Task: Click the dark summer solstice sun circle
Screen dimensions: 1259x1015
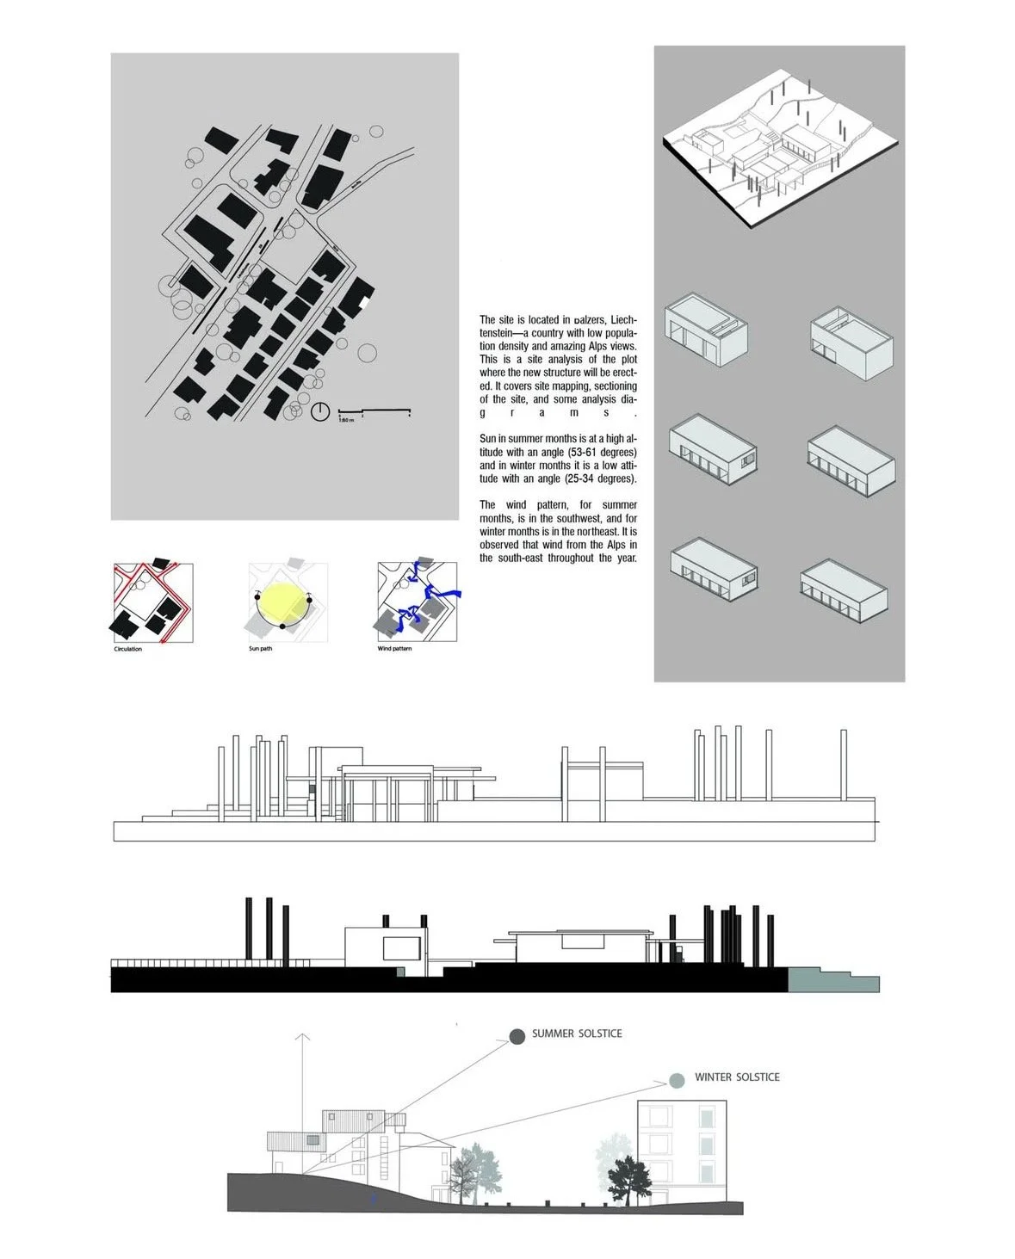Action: pyautogui.click(x=517, y=1036)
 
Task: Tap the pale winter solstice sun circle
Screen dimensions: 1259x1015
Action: pyautogui.click(x=678, y=1079)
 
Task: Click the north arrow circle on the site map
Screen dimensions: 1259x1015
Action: pyautogui.click(x=320, y=412)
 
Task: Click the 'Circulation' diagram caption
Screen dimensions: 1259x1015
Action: pyautogui.click(x=127, y=649)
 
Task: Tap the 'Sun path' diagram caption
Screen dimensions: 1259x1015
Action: pyautogui.click(x=260, y=649)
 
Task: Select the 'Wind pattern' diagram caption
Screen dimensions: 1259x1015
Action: pyautogui.click(x=394, y=649)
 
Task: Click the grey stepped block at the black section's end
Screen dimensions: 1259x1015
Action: pyautogui.click(x=832, y=979)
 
